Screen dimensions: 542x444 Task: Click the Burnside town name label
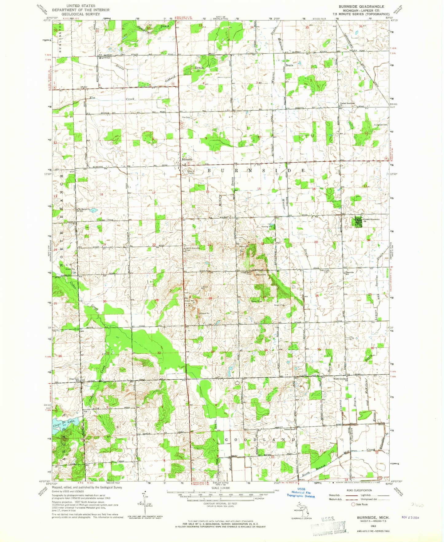[187, 160]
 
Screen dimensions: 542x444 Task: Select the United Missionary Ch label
[371, 220]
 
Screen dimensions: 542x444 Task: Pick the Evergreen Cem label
[381, 125]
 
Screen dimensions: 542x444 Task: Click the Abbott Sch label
[290, 429]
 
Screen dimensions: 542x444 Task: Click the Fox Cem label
[186, 117]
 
